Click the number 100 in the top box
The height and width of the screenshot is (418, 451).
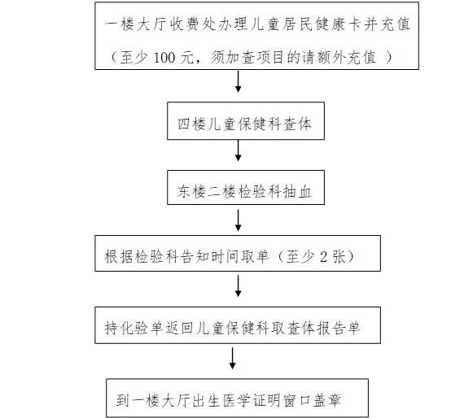(x=164, y=58)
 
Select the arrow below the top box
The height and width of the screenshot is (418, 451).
(x=239, y=81)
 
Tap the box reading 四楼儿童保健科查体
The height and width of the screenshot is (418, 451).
(x=246, y=121)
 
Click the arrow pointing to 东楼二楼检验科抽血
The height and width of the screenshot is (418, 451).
(x=239, y=150)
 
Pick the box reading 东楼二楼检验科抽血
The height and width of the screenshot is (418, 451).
(x=246, y=187)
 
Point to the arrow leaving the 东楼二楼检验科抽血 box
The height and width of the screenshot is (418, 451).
(x=239, y=220)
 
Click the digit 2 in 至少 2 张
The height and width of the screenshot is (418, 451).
(x=323, y=256)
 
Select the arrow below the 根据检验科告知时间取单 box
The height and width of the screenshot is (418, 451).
(x=239, y=286)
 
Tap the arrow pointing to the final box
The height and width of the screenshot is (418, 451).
(x=232, y=359)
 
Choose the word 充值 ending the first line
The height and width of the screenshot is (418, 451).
(x=395, y=24)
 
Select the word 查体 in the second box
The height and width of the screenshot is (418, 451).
(x=297, y=124)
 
